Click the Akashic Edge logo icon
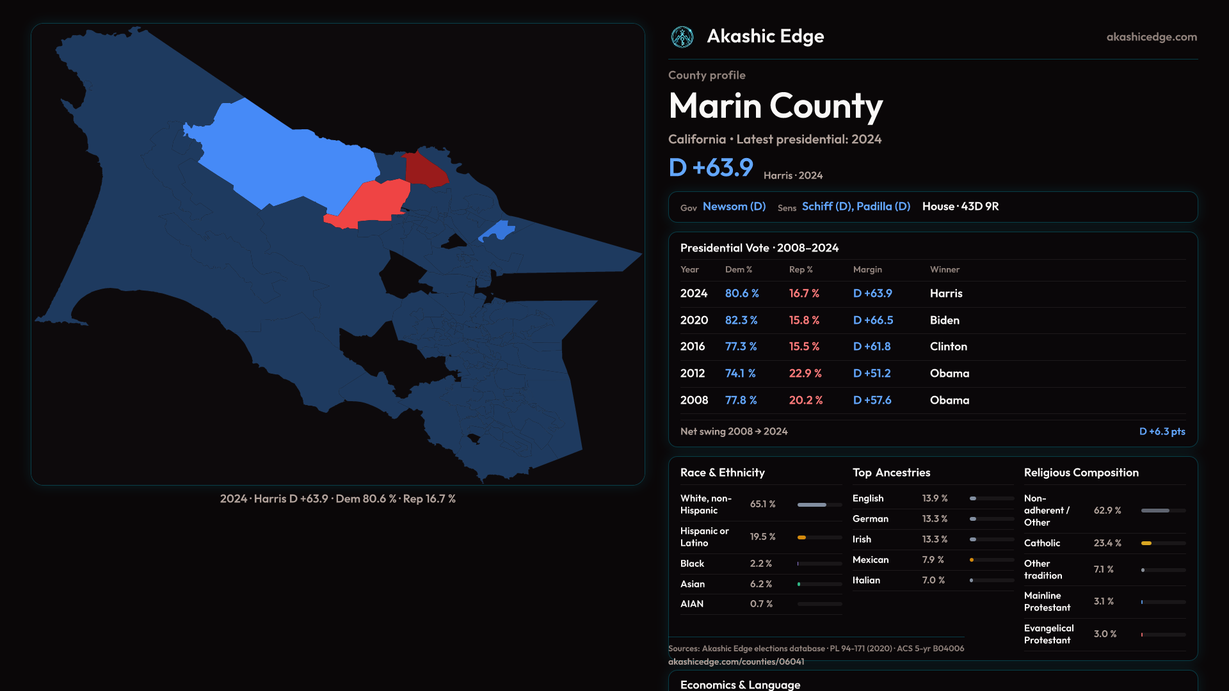[x=682, y=37]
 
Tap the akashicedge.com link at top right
[x=1152, y=37]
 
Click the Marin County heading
[x=775, y=106]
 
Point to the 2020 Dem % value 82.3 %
[x=741, y=320]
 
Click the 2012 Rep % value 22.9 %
[x=805, y=373]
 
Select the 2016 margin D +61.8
[x=872, y=346]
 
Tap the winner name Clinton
[x=949, y=346]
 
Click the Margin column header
[x=867, y=269]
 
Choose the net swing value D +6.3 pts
[x=1162, y=431]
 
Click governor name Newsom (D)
[x=734, y=206]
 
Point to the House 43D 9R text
[x=960, y=206]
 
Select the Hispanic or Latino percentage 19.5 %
[x=762, y=537]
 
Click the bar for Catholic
[x=1163, y=543]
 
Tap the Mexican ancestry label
[x=871, y=560]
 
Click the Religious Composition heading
[x=1081, y=472]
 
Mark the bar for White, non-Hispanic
[x=819, y=505]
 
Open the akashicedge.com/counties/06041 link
[x=736, y=662]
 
